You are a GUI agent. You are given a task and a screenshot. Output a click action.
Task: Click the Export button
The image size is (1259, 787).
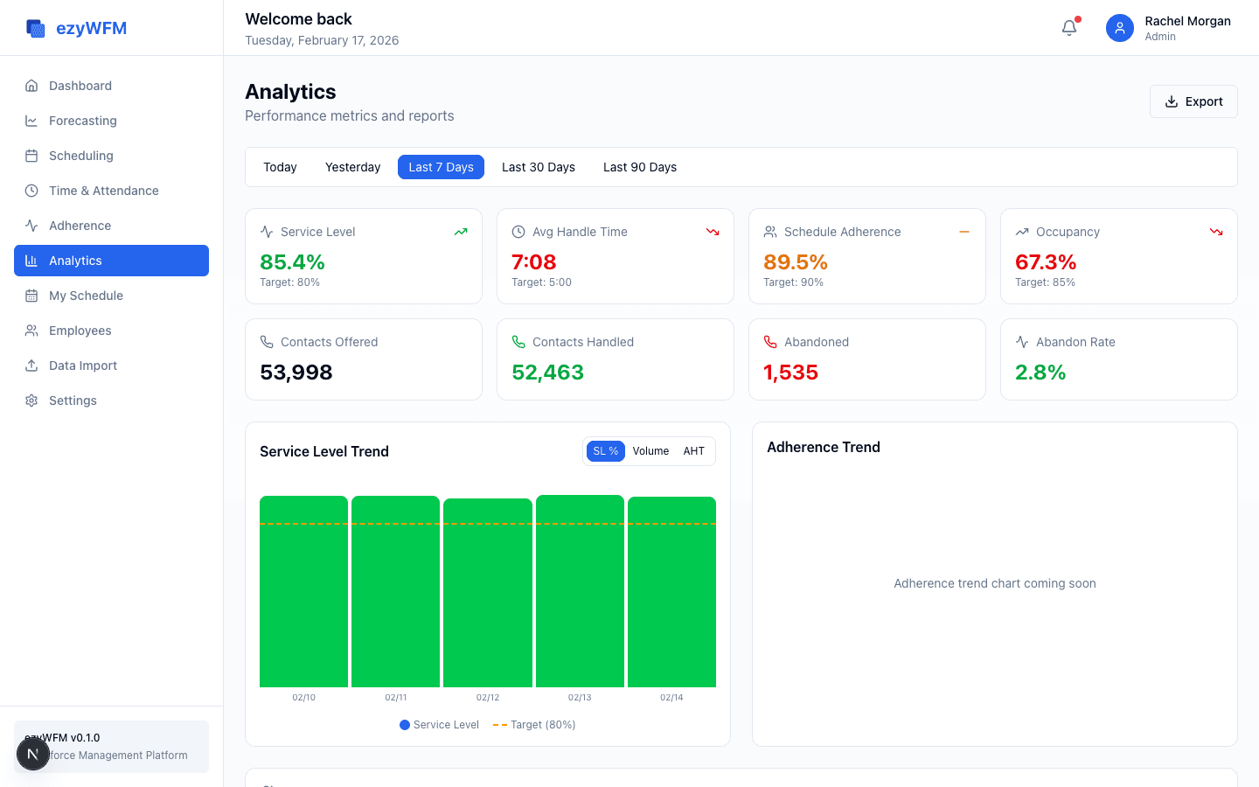(x=1193, y=101)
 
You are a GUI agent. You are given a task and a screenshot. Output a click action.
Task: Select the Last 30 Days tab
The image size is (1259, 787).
(x=538, y=167)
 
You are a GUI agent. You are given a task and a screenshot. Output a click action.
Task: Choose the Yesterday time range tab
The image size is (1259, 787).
(x=352, y=167)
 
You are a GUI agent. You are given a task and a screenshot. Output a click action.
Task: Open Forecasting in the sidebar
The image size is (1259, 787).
(x=82, y=121)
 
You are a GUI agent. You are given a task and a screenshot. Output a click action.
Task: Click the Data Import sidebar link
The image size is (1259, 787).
(x=82, y=366)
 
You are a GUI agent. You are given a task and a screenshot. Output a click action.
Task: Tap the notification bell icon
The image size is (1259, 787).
(x=1069, y=28)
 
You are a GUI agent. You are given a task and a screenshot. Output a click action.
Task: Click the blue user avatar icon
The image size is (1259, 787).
(x=1119, y=28)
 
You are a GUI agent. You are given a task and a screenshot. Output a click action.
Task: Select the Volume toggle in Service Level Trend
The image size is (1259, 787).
(x=650, y=451)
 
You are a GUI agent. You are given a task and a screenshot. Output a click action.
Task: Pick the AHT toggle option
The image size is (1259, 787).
(x=693, y=451)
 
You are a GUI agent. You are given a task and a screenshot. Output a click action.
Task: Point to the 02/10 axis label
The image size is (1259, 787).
(x=303, y=698)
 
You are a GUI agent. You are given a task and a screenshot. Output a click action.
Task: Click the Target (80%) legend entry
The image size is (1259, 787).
(x=534, y=725)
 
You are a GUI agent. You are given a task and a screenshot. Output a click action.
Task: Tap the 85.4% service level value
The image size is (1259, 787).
(x=292, y=262)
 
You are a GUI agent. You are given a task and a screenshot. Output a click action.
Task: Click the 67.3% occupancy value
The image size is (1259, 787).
(x=1046, y=262)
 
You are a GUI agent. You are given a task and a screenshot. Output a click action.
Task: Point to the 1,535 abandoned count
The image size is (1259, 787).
(x=790, y=373)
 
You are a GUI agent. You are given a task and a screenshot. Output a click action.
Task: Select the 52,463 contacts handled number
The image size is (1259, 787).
(x=547, y=373)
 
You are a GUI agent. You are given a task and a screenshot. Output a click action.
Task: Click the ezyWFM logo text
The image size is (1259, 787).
(x=91, y=28)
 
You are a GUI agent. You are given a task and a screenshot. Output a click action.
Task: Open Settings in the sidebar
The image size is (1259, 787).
(x=73, y=400)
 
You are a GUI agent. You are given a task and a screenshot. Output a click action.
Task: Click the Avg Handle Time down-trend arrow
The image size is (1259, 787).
(x=713, y=232)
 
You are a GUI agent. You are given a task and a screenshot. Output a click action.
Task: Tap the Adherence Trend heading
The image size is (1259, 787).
(x=823, y=447)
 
